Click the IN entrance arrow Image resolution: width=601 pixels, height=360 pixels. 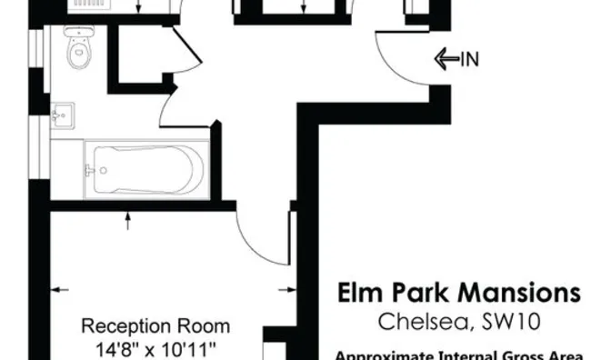[x=446, y=60]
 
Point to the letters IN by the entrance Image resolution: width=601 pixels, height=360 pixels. [x=469, y=60]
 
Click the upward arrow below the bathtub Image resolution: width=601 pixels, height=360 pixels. [x=130, y=216]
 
